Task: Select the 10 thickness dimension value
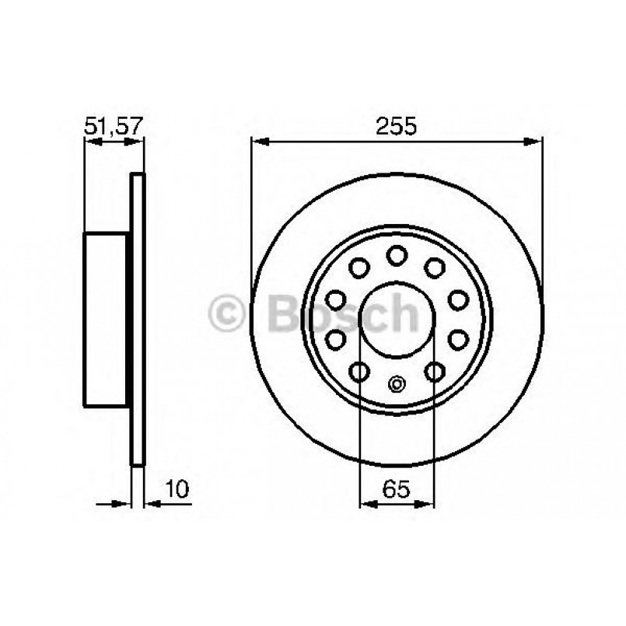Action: point(177,488)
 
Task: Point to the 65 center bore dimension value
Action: point(397,489)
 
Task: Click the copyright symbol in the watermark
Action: point(227,314)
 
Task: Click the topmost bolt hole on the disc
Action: point(397,254)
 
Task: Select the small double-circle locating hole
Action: point(397,383)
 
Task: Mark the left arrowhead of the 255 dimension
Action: point(260,142)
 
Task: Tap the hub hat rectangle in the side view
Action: point(106,319)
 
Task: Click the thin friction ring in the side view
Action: point(138,319)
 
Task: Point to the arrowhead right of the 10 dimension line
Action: point(153,503)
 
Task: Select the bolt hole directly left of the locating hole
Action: point(359,372)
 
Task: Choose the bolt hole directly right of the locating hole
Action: point(435,372)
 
